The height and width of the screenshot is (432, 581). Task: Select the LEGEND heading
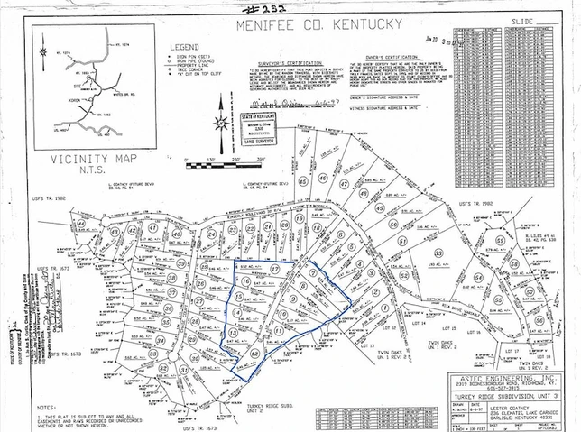click(x=182, y=45)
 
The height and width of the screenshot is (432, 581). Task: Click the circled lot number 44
click(x=81, y=223)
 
